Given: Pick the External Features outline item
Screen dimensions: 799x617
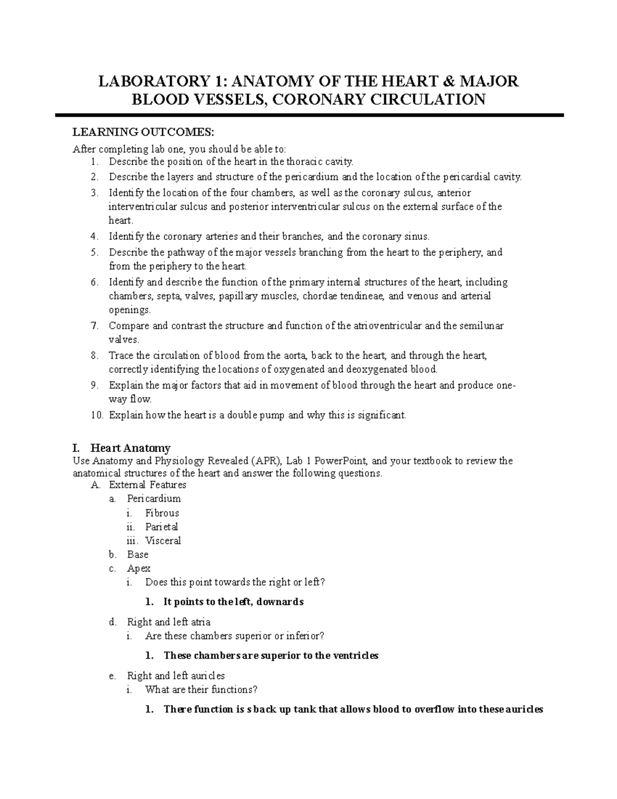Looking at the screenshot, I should pyautogui.click(x=148, y=485).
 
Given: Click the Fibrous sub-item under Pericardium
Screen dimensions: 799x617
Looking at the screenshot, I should pyautogui.click(x=162, y=513).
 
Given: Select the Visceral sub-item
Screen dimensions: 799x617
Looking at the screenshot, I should pyautogui.click(x=163, y=541).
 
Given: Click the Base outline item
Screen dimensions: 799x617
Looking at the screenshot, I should pyautogui.click(x=138, y=555).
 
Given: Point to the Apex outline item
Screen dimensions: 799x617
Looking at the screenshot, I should pyautogui.click(x=139, y=569).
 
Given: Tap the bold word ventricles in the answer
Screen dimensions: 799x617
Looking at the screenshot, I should pyautogui.click(x=356, y=655).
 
